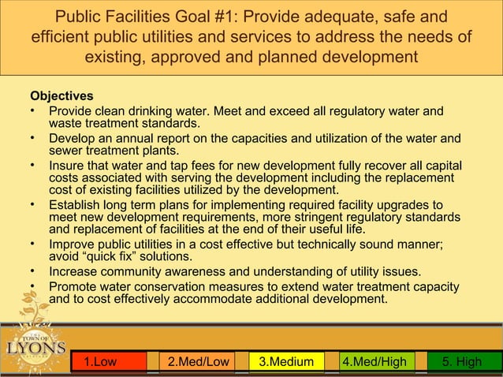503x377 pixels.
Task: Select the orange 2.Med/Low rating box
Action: coord(198,362)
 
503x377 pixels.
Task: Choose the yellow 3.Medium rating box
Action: coord(286,362)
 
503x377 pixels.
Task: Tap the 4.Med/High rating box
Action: coord(374,362)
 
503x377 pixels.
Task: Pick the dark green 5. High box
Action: coord(462,362)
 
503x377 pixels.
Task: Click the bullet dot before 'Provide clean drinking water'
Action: coord(34,110)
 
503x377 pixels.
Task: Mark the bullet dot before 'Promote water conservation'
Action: coord(34,286)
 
